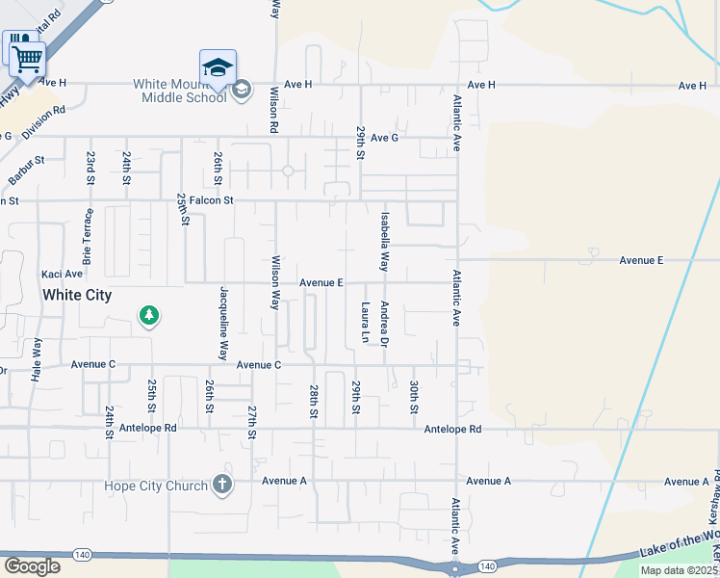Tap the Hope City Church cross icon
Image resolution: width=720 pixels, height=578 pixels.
tap(222, 484)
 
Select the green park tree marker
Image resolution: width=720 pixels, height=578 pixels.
tap(148, 315)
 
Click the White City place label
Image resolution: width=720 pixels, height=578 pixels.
tap(76, 295)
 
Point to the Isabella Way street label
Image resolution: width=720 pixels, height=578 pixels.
tap(385, 241)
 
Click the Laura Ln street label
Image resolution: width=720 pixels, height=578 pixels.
tap(366, 323)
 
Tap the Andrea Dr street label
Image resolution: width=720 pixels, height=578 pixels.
tap(384, 324)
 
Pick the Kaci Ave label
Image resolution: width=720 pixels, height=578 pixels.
tap(61, 275)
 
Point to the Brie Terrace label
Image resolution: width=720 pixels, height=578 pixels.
tap(89, 237)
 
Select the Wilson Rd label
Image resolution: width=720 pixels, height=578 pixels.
tap(274, 109)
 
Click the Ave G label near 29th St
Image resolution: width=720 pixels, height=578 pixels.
tap(384, 138)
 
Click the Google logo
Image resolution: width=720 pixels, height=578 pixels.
tap(32, 565)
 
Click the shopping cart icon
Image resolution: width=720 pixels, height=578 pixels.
tap(28, 59)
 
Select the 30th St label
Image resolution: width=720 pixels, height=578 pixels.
tap(414, 397)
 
